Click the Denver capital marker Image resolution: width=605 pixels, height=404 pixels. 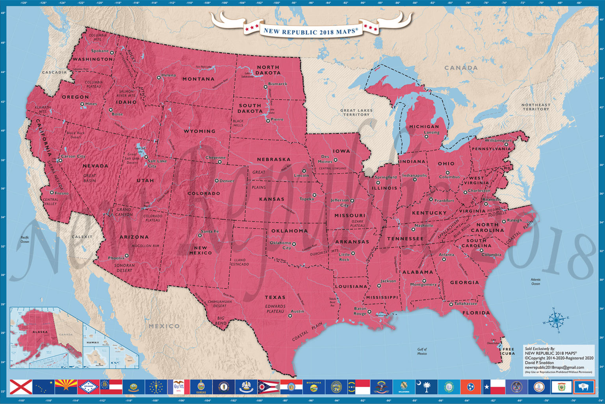[216, 181]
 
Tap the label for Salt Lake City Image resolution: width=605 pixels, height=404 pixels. [157, 163]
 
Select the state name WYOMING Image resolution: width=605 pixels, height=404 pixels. [199, 131]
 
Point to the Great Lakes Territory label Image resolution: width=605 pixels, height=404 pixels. [356, 112]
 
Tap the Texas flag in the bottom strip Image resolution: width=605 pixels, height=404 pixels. [492, 387]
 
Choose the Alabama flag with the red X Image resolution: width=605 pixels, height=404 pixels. [21, 387]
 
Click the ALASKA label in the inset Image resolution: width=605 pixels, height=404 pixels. [40, 332]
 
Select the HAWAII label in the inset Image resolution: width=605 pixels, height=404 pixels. [93, 342]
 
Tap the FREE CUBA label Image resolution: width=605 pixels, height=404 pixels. [508, 351]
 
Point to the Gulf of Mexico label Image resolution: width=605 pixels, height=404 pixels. [422, 351]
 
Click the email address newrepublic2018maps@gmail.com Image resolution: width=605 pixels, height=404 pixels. [554, 367]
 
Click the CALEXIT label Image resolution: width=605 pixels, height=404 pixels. [82, 237]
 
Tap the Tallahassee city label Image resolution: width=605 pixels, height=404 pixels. [466, 304]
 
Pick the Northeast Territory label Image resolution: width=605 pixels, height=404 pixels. [536, 107]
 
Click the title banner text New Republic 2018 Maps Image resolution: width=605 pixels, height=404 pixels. [311, 31]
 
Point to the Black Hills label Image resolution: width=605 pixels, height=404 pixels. [238, 123]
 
